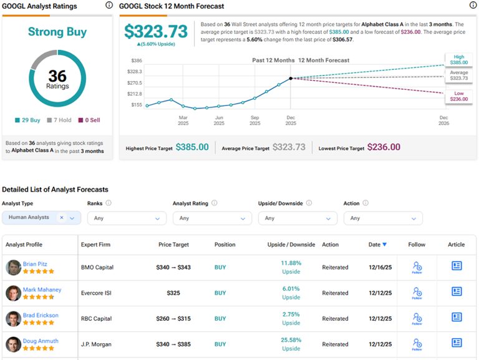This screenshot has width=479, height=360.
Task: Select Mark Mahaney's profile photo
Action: click(x=13, y=293)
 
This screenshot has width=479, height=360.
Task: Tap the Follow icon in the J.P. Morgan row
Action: click(x=417, y=344)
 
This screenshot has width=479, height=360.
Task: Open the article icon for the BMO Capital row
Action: click(x=457, y=266)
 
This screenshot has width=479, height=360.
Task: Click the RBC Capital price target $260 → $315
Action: click(x=174, y=319)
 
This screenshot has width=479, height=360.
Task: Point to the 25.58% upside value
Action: click(x=291, y=340)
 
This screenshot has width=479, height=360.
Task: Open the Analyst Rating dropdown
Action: click(x=212, y=218)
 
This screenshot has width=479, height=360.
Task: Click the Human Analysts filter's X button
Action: click(x=62, y=218)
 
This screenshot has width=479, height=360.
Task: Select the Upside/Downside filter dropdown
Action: click(x=298, y=218)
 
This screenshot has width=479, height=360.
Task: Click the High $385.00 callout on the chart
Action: click(x=458, y=59)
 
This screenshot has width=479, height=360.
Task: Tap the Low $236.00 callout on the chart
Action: click(x=458, y=96)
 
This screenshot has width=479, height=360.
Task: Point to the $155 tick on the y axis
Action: click(x=136, y=105)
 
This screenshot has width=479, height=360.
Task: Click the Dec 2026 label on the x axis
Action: click(x=443, y=120)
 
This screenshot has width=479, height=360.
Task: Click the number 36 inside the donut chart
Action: click(x=57, y=75)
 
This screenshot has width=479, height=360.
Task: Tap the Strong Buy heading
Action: click(x=57, y=32)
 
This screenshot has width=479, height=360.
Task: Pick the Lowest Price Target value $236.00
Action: click(x=384, y=147)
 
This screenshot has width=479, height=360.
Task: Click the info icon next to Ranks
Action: click(x=109, y=203)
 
